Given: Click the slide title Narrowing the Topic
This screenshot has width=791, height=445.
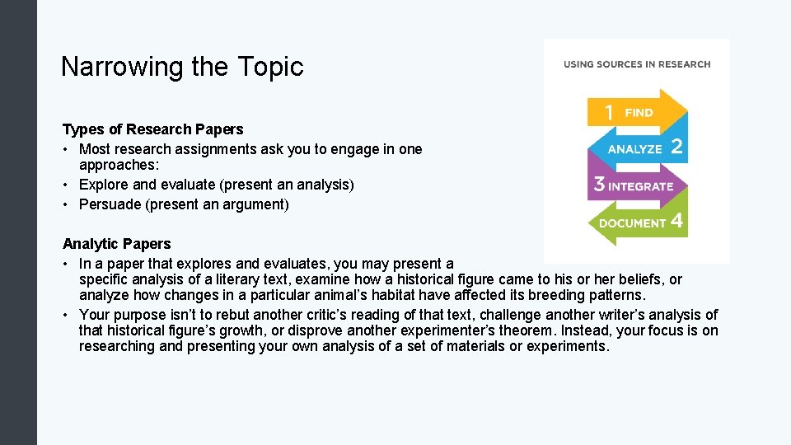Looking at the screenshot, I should [182, 67].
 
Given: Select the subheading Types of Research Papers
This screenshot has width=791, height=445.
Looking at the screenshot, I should [152, 129].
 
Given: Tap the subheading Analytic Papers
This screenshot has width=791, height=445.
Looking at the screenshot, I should [116, 244].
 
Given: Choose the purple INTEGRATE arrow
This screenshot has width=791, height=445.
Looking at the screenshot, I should [639, 186].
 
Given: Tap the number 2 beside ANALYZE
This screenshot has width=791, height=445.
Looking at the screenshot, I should [676, 148].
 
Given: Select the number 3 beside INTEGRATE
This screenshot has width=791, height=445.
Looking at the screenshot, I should [599, 185].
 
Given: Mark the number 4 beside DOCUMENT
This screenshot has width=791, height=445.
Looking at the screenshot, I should [676, 222].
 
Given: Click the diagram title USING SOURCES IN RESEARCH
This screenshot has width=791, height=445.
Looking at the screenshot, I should [636, 64].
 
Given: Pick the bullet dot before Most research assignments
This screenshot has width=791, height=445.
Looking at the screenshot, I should [66, 149].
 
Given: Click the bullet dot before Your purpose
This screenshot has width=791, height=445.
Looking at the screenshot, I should [66, 315].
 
